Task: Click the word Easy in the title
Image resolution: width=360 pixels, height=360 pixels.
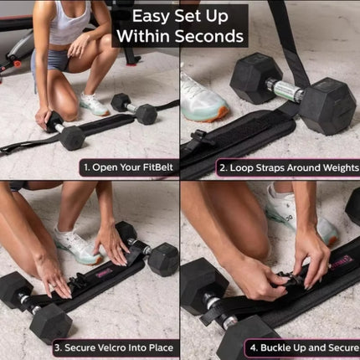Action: click(147, 15)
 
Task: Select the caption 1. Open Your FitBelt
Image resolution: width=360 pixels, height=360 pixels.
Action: click(128, 167)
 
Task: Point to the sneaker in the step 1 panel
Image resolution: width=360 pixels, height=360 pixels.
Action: click(94, 105)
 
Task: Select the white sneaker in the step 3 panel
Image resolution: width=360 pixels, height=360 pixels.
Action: click(77, 246)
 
